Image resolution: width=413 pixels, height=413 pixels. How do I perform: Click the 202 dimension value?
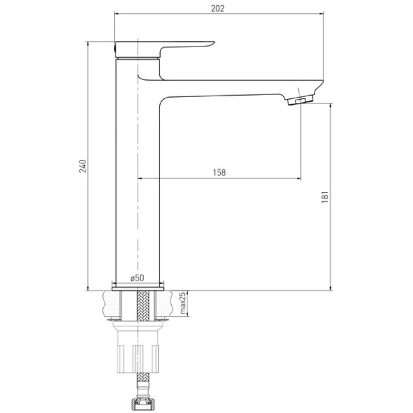(x=217, y=9)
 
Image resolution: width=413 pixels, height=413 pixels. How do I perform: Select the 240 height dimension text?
(x=83, y=166)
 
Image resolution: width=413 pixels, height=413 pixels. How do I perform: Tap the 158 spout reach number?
(x=219, y=172)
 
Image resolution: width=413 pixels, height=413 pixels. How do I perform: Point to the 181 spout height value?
(x=325, y=197)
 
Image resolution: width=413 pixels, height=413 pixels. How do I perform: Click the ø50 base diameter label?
(x=137, y=278)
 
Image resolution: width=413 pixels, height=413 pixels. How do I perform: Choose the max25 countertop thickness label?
(x=183, y=303)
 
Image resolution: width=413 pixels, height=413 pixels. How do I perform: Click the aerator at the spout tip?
(x=300, y=100)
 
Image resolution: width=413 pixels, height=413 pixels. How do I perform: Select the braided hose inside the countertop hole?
(x=142, y=306)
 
